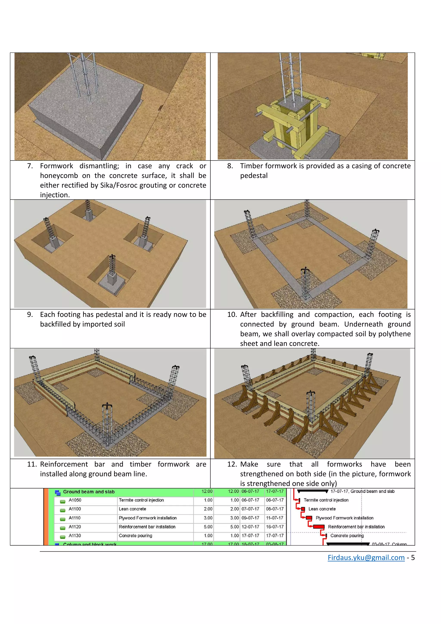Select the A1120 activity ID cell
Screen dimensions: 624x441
tap(75, 526)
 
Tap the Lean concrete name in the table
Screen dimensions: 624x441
tap(132, 509)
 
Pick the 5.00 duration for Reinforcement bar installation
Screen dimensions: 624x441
tap(208, 526)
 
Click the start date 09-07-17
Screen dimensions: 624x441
tap(250, 518)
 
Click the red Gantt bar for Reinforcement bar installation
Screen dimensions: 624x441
tap(318, 527)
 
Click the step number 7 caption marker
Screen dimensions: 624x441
tap(30, 166)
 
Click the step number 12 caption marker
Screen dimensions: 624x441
tap(233, 464)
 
